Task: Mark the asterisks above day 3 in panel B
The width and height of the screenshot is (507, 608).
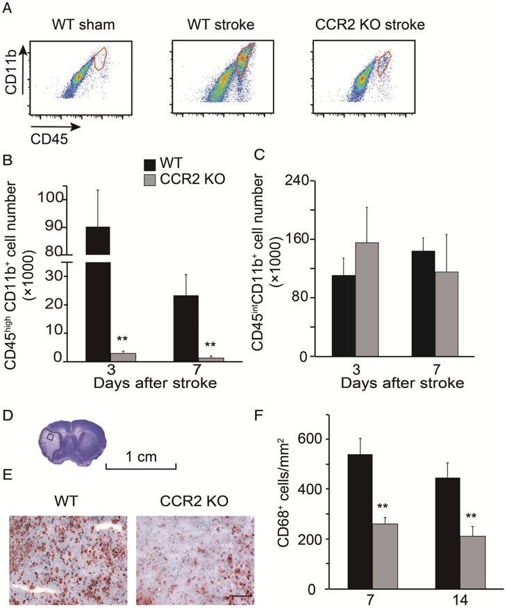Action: [122, 339]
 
